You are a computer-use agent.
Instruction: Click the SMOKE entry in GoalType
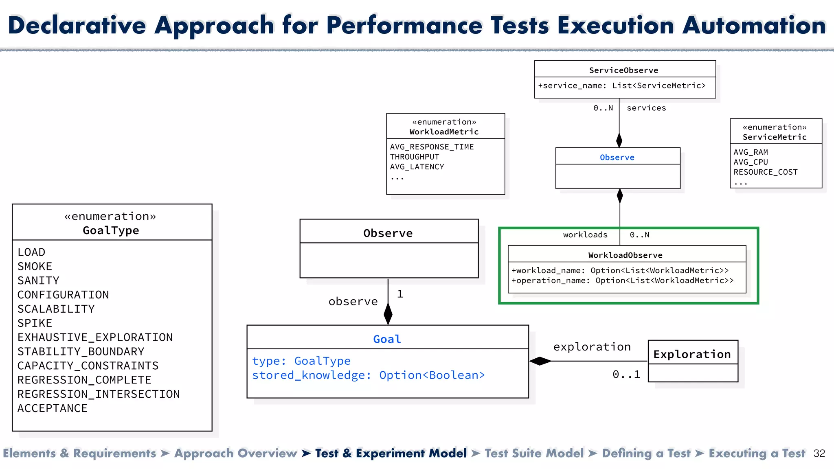(x=35, y=267)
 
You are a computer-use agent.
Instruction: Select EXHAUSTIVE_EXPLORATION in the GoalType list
(x=95, y=338)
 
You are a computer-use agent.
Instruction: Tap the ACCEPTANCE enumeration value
(x=52, y=408)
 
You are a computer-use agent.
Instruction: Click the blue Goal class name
(x=387, y=339)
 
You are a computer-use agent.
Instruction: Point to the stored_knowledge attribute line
(x=368, y=375)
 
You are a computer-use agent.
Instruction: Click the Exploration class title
(x=692, y=354)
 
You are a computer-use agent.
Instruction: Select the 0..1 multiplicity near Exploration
(x=626, y=375)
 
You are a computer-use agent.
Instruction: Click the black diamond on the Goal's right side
(x=540, y=361)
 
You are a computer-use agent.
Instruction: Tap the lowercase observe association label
(x=353, y=302)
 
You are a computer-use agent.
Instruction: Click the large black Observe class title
(x=388, y=233)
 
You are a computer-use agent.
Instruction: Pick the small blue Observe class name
(x=617, y=158)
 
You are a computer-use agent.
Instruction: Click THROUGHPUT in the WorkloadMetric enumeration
(x=414, y=157)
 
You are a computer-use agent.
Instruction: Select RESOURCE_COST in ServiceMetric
(x=765, y=172)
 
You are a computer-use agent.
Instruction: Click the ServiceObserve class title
(x=623, y=70)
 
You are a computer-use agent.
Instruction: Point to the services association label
(x=646, y=108)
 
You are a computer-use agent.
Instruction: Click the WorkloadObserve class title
(x=625, y=255)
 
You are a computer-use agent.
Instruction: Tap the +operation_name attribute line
(x=622, y=281)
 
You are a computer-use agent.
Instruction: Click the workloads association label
(x=585, y=235)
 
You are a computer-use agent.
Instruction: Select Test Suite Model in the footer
(x=534, y=453)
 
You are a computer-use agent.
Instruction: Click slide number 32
(x=819, y=454)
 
